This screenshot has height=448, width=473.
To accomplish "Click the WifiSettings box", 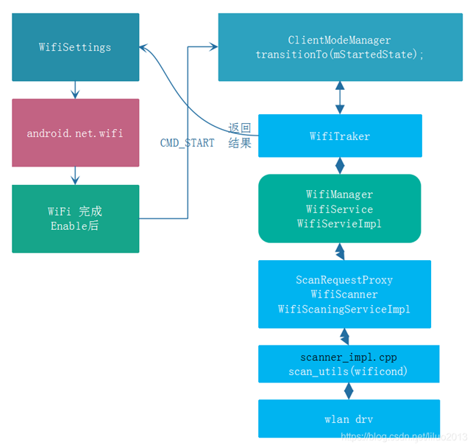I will coord(75,47).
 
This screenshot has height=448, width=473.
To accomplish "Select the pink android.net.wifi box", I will coord(75,133).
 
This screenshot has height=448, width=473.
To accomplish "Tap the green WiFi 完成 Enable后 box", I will coord(75,219).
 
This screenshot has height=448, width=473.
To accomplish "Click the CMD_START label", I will coord(187,143).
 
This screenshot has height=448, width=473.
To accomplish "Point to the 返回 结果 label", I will coord(240,136).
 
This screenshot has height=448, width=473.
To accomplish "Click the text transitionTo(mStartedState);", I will coord(339,55).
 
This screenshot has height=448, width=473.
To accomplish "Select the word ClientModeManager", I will coord(339,40).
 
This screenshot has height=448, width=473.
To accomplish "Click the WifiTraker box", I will coord(340,136).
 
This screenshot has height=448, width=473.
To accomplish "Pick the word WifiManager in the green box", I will coord(339,195).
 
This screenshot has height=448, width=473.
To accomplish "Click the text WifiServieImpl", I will coord(339,223).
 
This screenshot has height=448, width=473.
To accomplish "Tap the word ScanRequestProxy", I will coord(344,280).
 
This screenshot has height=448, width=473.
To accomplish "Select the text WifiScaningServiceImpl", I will coord(344,309).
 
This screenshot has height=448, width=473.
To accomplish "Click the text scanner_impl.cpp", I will coord(349,357).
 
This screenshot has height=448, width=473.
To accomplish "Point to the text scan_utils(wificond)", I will coord(349,372).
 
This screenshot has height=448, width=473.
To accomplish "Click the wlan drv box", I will coord(349,419).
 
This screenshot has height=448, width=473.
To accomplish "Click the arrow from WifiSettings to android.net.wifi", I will coord(75,90).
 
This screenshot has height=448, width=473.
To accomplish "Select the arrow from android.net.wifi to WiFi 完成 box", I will coord(75,176).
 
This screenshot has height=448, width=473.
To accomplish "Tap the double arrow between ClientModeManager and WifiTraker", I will coord(340,97).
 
